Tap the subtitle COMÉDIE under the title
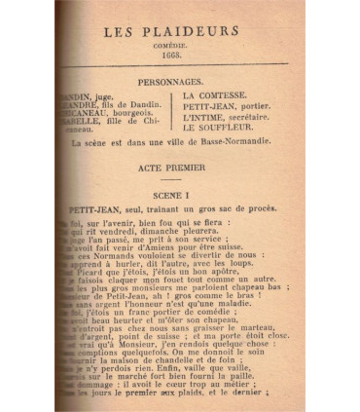click(x=171, y=45)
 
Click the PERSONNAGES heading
click(x=170, y=84)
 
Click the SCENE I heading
click(x=171, y=195)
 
